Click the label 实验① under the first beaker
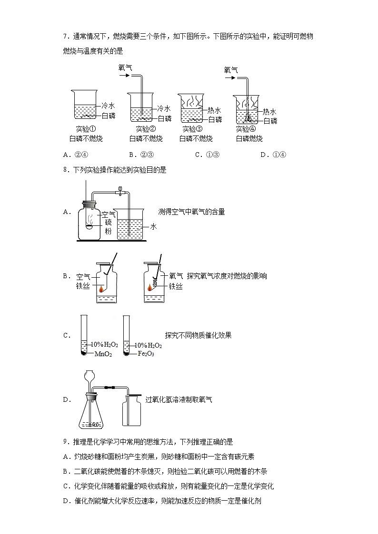(x=86, y=129)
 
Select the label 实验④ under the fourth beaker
(x=246, y=129)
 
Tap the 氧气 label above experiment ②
(x=125, y=68)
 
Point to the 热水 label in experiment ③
(x=215, y=110)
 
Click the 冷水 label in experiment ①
(x=109, y=107)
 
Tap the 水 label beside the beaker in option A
(x=153, y=227)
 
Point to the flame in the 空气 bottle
(x=101, y=288)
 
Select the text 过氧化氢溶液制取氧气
(x=179, y=399)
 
